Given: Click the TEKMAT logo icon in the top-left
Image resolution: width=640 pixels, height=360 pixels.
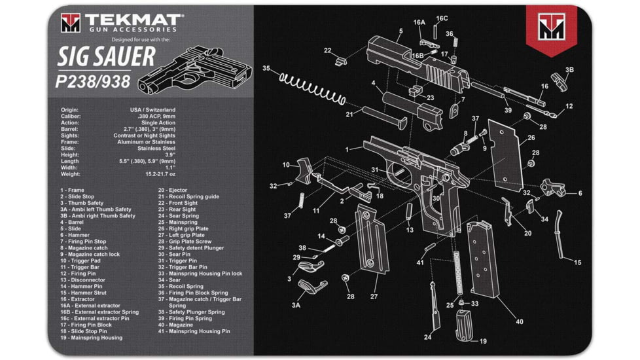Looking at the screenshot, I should coord(70,22).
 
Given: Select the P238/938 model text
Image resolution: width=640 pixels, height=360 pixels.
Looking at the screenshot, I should coord(95,81).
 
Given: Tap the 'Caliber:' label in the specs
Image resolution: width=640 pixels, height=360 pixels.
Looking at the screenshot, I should coord(71,117).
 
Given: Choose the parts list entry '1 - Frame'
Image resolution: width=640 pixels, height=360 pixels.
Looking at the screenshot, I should coord(73,190).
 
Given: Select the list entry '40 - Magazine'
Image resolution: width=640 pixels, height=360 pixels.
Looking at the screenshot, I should coord(176,325).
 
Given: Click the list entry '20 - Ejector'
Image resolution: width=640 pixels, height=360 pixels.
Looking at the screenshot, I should coord(173,190).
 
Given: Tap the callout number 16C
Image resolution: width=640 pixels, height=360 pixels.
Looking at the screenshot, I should coord(442,18).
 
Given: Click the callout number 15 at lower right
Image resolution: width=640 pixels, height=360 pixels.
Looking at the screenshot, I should coord(577,262).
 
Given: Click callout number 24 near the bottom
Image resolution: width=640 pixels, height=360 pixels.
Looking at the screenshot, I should coord(427,337).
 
